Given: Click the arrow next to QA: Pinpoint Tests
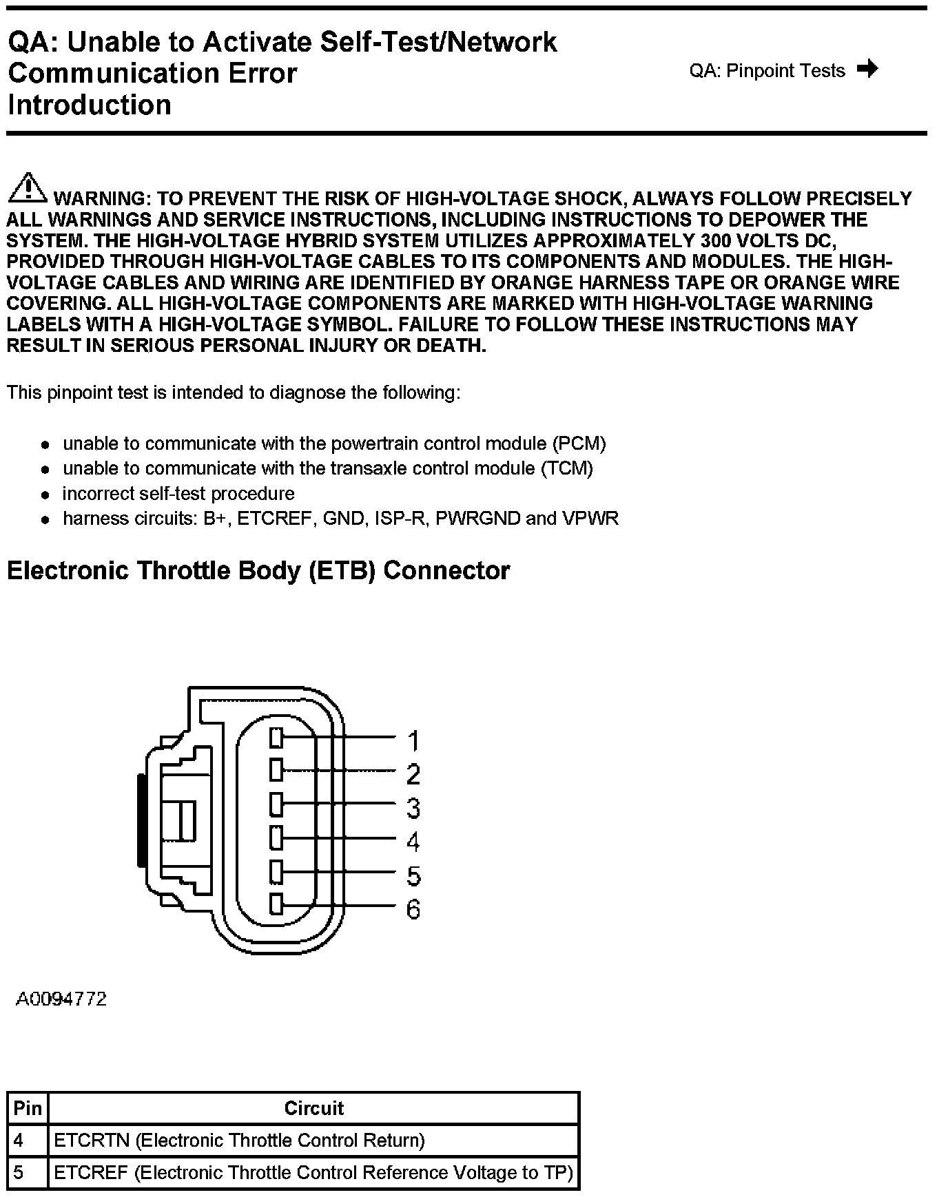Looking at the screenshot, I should coord(867,69).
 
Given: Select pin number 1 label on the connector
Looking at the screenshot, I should coord(413,741).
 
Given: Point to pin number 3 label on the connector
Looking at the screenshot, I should coord(413,808).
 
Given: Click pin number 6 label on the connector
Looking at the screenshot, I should coord(413,910).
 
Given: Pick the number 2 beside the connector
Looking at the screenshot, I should coord(413,775).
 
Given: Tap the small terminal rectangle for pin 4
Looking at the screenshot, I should coord(276,838).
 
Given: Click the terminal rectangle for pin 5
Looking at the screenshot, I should coord(276,872).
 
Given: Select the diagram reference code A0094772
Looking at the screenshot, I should coord(61,999).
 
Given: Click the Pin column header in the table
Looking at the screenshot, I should coord(28,1108).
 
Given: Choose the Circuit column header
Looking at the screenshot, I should coord(313,1108).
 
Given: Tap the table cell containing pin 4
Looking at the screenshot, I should coord(28,1141).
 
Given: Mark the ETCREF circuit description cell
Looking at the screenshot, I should coord(313,1173).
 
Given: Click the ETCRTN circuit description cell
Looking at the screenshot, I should coord(313,1141).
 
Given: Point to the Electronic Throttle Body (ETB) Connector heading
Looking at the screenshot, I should coord(258,571).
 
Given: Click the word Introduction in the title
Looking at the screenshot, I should coord(90,105).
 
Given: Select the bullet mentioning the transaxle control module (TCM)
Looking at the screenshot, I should coord(328,468).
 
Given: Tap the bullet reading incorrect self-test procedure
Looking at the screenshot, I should coord(178,494).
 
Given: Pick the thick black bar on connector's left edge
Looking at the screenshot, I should coord(141,820).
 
